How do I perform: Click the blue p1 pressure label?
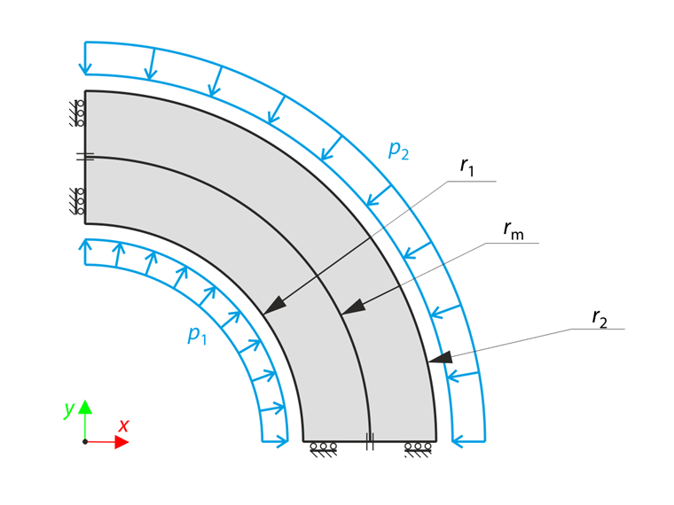coord(197,335)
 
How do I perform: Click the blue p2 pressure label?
coord(398,151)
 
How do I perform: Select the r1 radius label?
coord(466,167)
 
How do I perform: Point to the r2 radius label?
coord(600,318)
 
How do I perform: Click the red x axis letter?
coord(124,425)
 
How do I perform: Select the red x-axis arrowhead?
coord(121,442)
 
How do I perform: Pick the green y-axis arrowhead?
coord(85,407)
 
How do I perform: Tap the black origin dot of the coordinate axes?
coord(85,442)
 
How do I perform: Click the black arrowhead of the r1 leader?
coord(274,305)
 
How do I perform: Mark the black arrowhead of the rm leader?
coord(352,307)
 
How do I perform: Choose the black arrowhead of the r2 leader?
coord(440,357)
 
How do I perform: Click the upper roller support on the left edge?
coord(77,113)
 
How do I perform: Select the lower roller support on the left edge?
coord(77,201)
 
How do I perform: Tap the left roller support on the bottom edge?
coord(323,449)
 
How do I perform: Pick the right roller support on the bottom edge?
coord(418,449)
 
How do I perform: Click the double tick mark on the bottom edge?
coord(370,441)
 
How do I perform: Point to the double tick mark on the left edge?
coord(85,157)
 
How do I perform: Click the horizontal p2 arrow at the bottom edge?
coord(468,441)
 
